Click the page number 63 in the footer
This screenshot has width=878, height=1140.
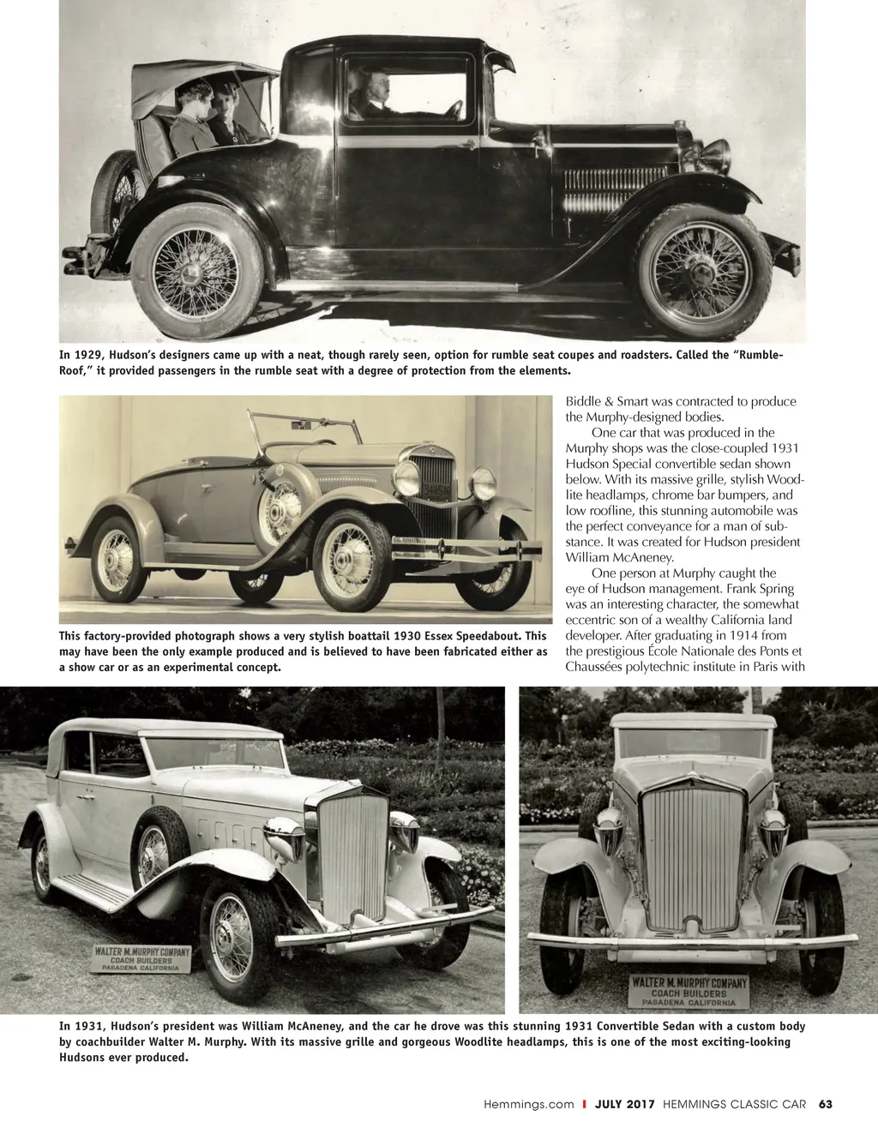click(825, 1104)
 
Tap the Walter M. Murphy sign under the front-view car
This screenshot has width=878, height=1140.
click(689, 990)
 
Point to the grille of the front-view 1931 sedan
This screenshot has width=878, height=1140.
click(693, 858)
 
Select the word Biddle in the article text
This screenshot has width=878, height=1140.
click(583, 401)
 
